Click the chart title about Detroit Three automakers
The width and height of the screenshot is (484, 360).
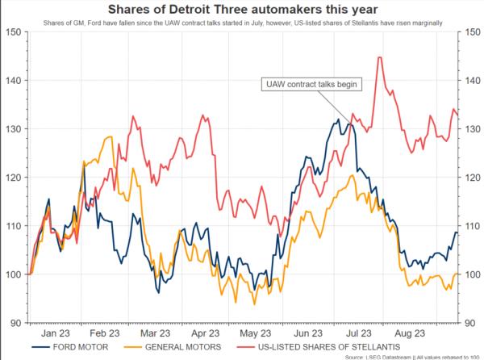tap(241, 10)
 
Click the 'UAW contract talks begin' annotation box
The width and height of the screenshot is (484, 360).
tap(311, 83)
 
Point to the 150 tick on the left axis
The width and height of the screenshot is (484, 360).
tap(15, 31)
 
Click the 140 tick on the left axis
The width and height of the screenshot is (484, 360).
tap(15, 80)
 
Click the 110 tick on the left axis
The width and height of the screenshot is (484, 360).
tap(15, 225)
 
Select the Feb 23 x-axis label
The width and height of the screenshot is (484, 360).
tap(106, 332)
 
